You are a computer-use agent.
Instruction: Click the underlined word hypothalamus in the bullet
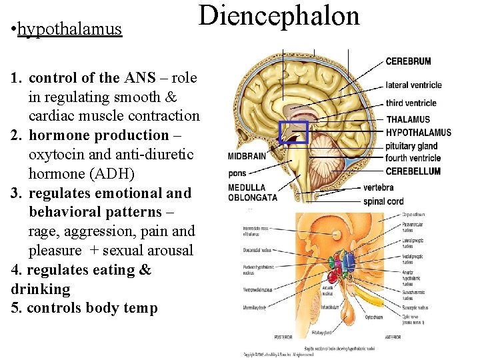coord(70,29)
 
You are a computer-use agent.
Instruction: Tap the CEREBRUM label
coord(408,61)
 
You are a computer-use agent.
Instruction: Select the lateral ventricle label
coord(413,85)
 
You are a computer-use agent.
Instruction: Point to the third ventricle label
coord(411,103)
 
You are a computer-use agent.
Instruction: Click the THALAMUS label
coord(408,120)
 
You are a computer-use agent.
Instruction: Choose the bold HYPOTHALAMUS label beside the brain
coord(418,133)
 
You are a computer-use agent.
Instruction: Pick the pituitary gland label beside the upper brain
coord(411,146)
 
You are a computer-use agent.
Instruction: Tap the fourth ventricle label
coord(413,158)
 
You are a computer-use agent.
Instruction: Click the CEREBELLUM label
coord(413,171)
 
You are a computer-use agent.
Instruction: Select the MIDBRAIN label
coord(247,157)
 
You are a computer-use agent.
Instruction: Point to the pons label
coord(237,173)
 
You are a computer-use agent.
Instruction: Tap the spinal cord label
coord(383,201)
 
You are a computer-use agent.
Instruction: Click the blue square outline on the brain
coord(293,133)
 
